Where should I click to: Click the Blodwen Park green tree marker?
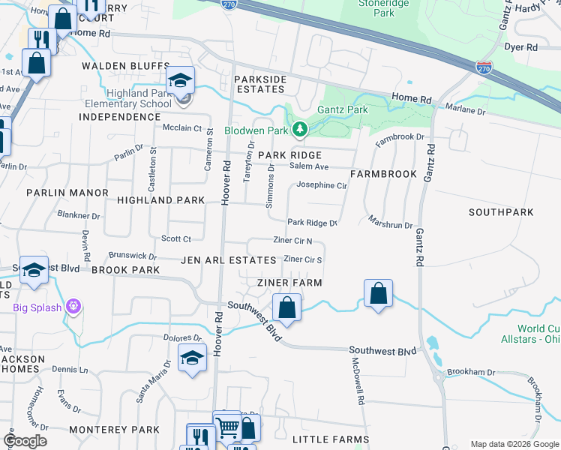click(x=300, y=130)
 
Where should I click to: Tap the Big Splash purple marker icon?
click(x=73, y=307)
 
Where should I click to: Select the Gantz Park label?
click(x=343, y=110)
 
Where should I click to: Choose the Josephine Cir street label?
click(x=322, y=185)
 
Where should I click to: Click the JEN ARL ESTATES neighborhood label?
click(x=228, y=260)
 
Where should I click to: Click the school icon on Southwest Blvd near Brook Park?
click(x=34, y=271)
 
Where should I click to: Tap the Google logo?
click(x=25, y=441)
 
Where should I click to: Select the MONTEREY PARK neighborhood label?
click(x=114, y=430)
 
